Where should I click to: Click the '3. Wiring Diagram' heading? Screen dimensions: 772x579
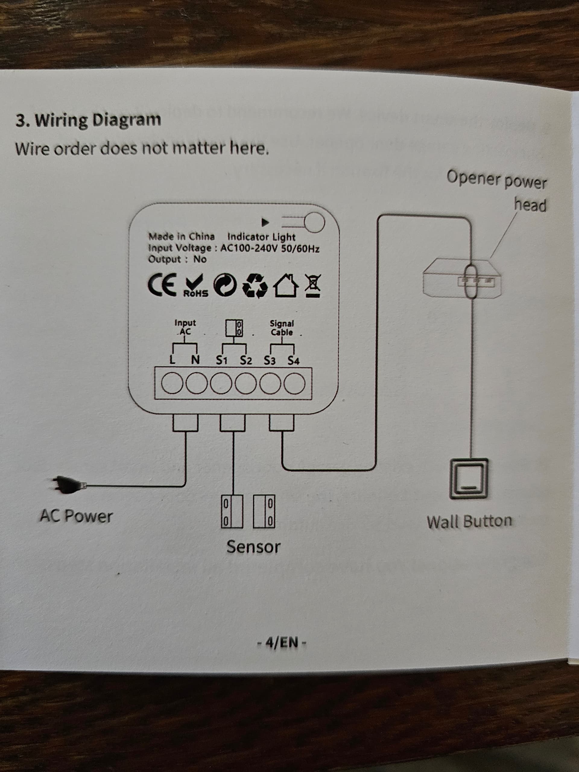point(88,120)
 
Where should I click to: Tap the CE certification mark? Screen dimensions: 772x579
point(162,285)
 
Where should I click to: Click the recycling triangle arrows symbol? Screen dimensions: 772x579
point(255,286)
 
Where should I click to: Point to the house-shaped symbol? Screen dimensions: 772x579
point(286,285)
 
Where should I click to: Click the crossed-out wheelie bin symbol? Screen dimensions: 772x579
point(313,286)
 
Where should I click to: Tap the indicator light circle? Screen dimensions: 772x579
point(315,222)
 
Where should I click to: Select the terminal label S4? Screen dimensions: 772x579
point(293,361)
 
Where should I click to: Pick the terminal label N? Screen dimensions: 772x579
point(195,359)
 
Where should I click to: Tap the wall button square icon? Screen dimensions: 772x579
point(469,479)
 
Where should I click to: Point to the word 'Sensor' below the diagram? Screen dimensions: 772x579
point(253,546)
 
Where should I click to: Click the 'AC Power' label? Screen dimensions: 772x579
point(76,516)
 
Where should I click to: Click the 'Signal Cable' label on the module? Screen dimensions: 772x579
point(282,328)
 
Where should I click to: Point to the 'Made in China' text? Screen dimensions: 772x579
point(182,237)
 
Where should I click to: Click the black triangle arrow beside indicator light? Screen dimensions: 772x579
point(265,222)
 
